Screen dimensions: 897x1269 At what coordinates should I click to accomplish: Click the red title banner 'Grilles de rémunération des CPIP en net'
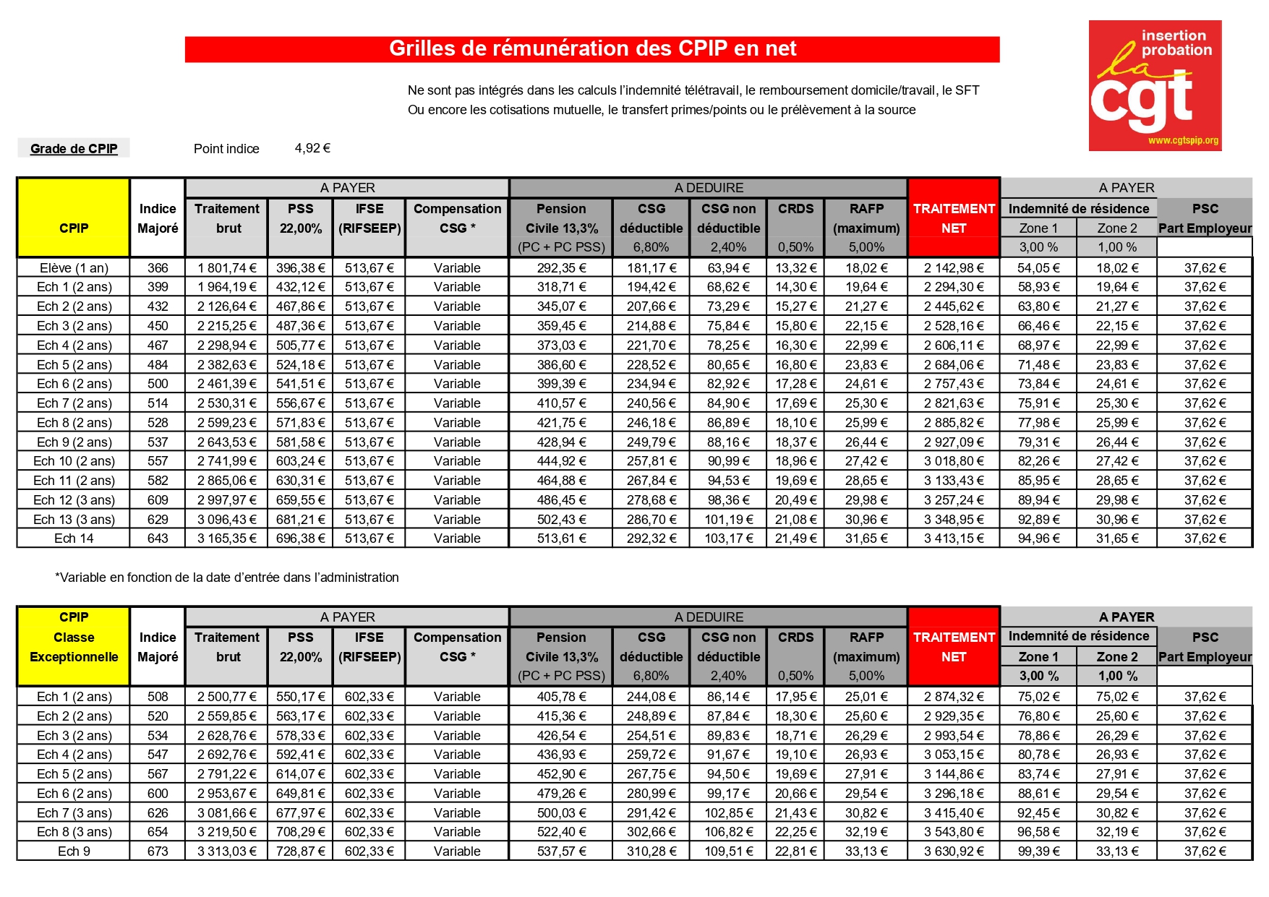pos(592,49)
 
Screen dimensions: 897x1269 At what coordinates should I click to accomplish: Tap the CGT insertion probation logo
pos(1155,85)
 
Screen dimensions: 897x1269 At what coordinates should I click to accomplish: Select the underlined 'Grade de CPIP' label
pos(74,149)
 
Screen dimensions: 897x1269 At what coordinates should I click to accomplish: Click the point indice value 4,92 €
pos(312,148)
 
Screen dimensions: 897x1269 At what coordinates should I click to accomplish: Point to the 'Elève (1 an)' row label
pos(74,268)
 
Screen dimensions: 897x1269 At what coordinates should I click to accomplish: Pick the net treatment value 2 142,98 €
pos(954,268)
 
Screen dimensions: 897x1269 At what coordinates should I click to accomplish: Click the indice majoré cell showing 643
pos(158,538)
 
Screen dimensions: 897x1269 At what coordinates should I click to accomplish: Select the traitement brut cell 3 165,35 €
pos(227,538)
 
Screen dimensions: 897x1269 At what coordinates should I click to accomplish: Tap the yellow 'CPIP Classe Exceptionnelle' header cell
pos(74,638)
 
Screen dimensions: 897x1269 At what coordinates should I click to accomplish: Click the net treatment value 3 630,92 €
pos(954,851)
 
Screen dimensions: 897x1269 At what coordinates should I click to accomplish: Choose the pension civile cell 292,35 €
pos(561,268)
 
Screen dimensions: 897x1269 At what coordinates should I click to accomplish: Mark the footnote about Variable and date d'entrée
pos(227,578)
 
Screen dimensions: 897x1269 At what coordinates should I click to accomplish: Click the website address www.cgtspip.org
pos(1183,140)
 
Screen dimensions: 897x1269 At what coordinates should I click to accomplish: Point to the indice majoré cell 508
pos(158,697)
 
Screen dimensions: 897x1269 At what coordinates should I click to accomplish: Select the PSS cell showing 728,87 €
pos(300,851)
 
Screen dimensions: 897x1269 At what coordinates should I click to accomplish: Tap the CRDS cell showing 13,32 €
pos(795,268)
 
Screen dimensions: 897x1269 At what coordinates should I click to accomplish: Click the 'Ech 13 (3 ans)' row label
pos(74,520)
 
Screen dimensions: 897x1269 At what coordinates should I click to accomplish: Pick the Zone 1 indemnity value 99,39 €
pos(1038,851)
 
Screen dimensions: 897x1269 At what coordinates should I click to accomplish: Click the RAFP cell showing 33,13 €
pos(866,851)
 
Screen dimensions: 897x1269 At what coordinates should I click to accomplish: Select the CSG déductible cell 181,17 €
pos(651,268)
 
